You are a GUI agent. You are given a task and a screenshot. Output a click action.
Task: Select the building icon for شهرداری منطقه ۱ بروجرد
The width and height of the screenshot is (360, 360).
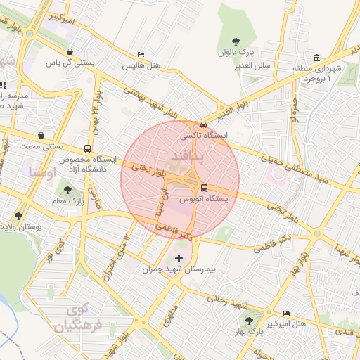(x=317, y=57)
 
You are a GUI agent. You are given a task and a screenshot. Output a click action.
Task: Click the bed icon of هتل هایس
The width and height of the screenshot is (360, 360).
(x=141, y=54)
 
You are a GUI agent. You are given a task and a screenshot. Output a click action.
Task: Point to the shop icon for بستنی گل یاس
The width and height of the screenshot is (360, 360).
(x=70, y=51)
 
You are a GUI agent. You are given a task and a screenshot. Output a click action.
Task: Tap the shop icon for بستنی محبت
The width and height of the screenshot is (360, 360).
(x=42, y=135)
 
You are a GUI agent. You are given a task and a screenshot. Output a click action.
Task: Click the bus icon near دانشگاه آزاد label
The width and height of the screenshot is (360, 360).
(x=87, y=148)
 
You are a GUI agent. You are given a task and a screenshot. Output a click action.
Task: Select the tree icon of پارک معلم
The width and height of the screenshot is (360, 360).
(x=68, y=189)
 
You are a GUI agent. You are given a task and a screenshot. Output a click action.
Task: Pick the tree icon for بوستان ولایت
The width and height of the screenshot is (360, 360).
(x=18, y=216)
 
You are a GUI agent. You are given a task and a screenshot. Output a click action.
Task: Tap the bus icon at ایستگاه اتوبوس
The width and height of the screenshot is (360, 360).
(x=204, y=188)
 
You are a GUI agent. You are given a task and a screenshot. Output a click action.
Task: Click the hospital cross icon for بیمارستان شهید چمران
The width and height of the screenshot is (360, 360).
(x=178, y=258)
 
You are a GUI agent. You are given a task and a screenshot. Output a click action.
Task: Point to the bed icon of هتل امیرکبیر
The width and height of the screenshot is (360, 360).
(x=286, y=313)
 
